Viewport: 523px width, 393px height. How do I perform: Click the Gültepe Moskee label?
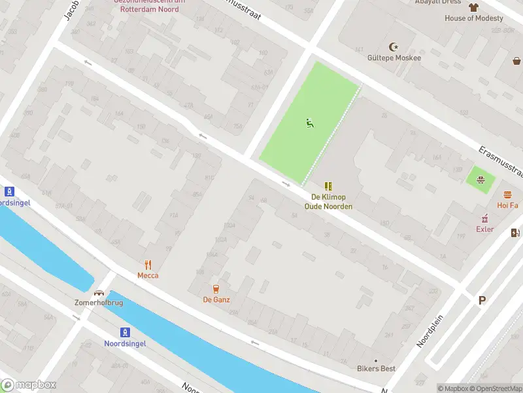click(x=394, y=58)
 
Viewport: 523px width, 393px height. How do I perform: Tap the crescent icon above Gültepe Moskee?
click(x=394, y=47)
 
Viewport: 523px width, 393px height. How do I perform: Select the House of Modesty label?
click(x=474, y=18)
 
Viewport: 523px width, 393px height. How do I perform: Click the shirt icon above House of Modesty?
click(x=474, y=7)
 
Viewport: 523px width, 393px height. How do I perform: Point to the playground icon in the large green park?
click(x=309, y=122)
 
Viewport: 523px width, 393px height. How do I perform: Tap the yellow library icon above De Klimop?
click(x=328, y=186)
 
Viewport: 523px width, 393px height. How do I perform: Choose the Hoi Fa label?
click(x=507, y=206)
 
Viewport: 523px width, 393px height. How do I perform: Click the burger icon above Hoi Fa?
click(x=507, y=195)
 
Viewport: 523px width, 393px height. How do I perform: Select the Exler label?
click(x=484, y=229)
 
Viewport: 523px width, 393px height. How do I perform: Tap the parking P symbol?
click(x=482, y=301)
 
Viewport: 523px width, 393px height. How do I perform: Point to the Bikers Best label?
click(x=376, y=369)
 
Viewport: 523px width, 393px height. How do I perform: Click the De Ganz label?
click(x=216, y=300)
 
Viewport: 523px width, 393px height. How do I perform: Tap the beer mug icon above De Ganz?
click(x=216, y=289)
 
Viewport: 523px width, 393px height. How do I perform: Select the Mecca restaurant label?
click(x=148, y=276)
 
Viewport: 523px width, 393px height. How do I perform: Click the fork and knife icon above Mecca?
click(x=148, y=265)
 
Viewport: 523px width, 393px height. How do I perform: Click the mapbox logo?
click(x=29, y=385)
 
